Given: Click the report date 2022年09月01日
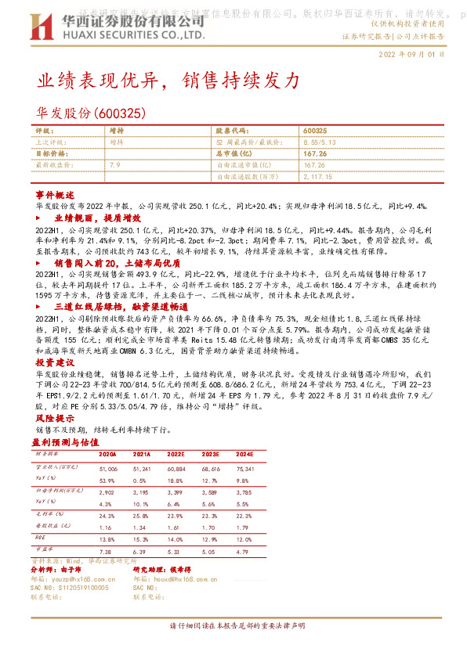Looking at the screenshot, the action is [411, 56].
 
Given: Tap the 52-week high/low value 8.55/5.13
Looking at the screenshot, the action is [320, 143].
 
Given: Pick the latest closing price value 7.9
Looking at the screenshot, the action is [115, 165].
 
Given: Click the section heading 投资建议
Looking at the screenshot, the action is [55, 363].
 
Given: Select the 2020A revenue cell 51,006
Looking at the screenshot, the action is [107, 466].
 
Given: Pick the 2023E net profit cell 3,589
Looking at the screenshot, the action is [210, 492].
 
